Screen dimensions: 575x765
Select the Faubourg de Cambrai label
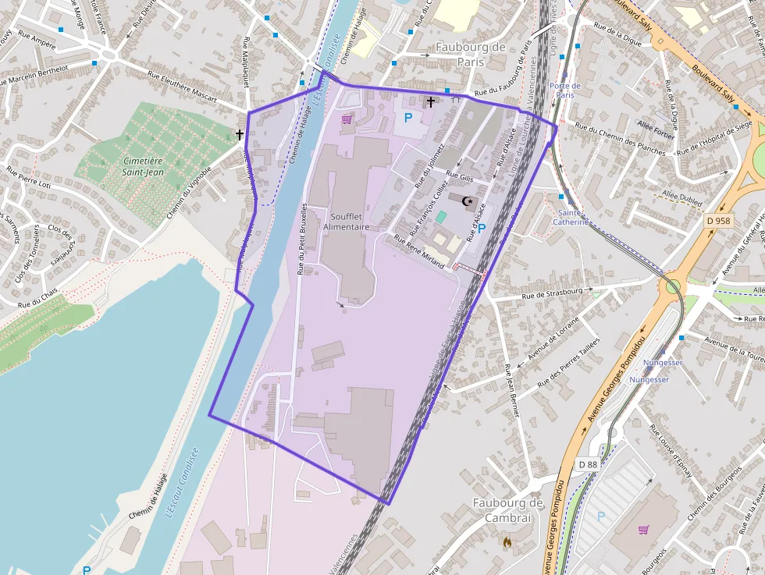click(508, 511)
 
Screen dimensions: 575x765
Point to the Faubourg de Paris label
click(471, 54)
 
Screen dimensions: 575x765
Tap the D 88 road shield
click(588, 464)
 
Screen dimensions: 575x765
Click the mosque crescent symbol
click(468, 201)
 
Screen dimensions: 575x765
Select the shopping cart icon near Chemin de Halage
click(347, 119)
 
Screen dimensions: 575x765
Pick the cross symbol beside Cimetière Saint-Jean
click(240, 135)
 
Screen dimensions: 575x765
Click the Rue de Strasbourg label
click(553, 293)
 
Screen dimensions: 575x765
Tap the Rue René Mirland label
click(419, 253)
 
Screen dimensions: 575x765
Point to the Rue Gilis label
click(460, 178)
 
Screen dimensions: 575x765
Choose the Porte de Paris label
click(565, 91)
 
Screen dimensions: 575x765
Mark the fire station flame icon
click(508, 540)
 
